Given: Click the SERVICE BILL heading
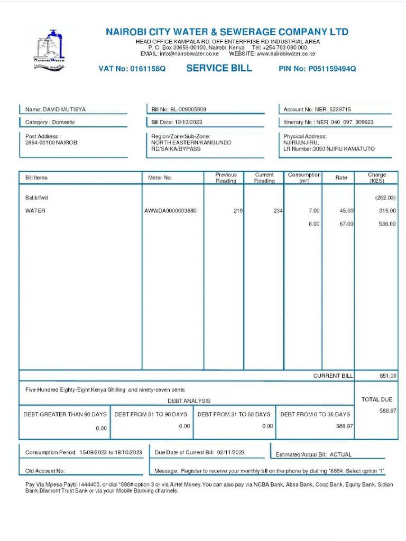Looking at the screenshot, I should click(x=219, y=68).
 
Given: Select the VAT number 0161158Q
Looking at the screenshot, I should click(x=147, y=69).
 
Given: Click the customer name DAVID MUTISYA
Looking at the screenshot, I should click(x=64, y=109).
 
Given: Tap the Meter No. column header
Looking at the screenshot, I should click(x=160, y=178).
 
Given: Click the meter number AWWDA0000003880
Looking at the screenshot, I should click(x=170, y=211).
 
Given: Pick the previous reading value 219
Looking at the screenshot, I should click(x=238, y=211).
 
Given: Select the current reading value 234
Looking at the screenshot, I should click(x=278, y=211).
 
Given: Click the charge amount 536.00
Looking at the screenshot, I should click(x=387, y=224).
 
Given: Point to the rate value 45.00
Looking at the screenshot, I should click(x=346, y=211).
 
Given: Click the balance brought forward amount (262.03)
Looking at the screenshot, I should click(x=385, y=198).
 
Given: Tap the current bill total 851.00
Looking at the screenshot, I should click(x=387, y=376).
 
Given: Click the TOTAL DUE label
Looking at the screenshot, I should click(x=376, y=399).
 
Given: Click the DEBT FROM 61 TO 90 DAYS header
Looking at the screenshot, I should click(x=151, y=414).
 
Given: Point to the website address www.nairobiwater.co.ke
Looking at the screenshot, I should click(x=286, y=54).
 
